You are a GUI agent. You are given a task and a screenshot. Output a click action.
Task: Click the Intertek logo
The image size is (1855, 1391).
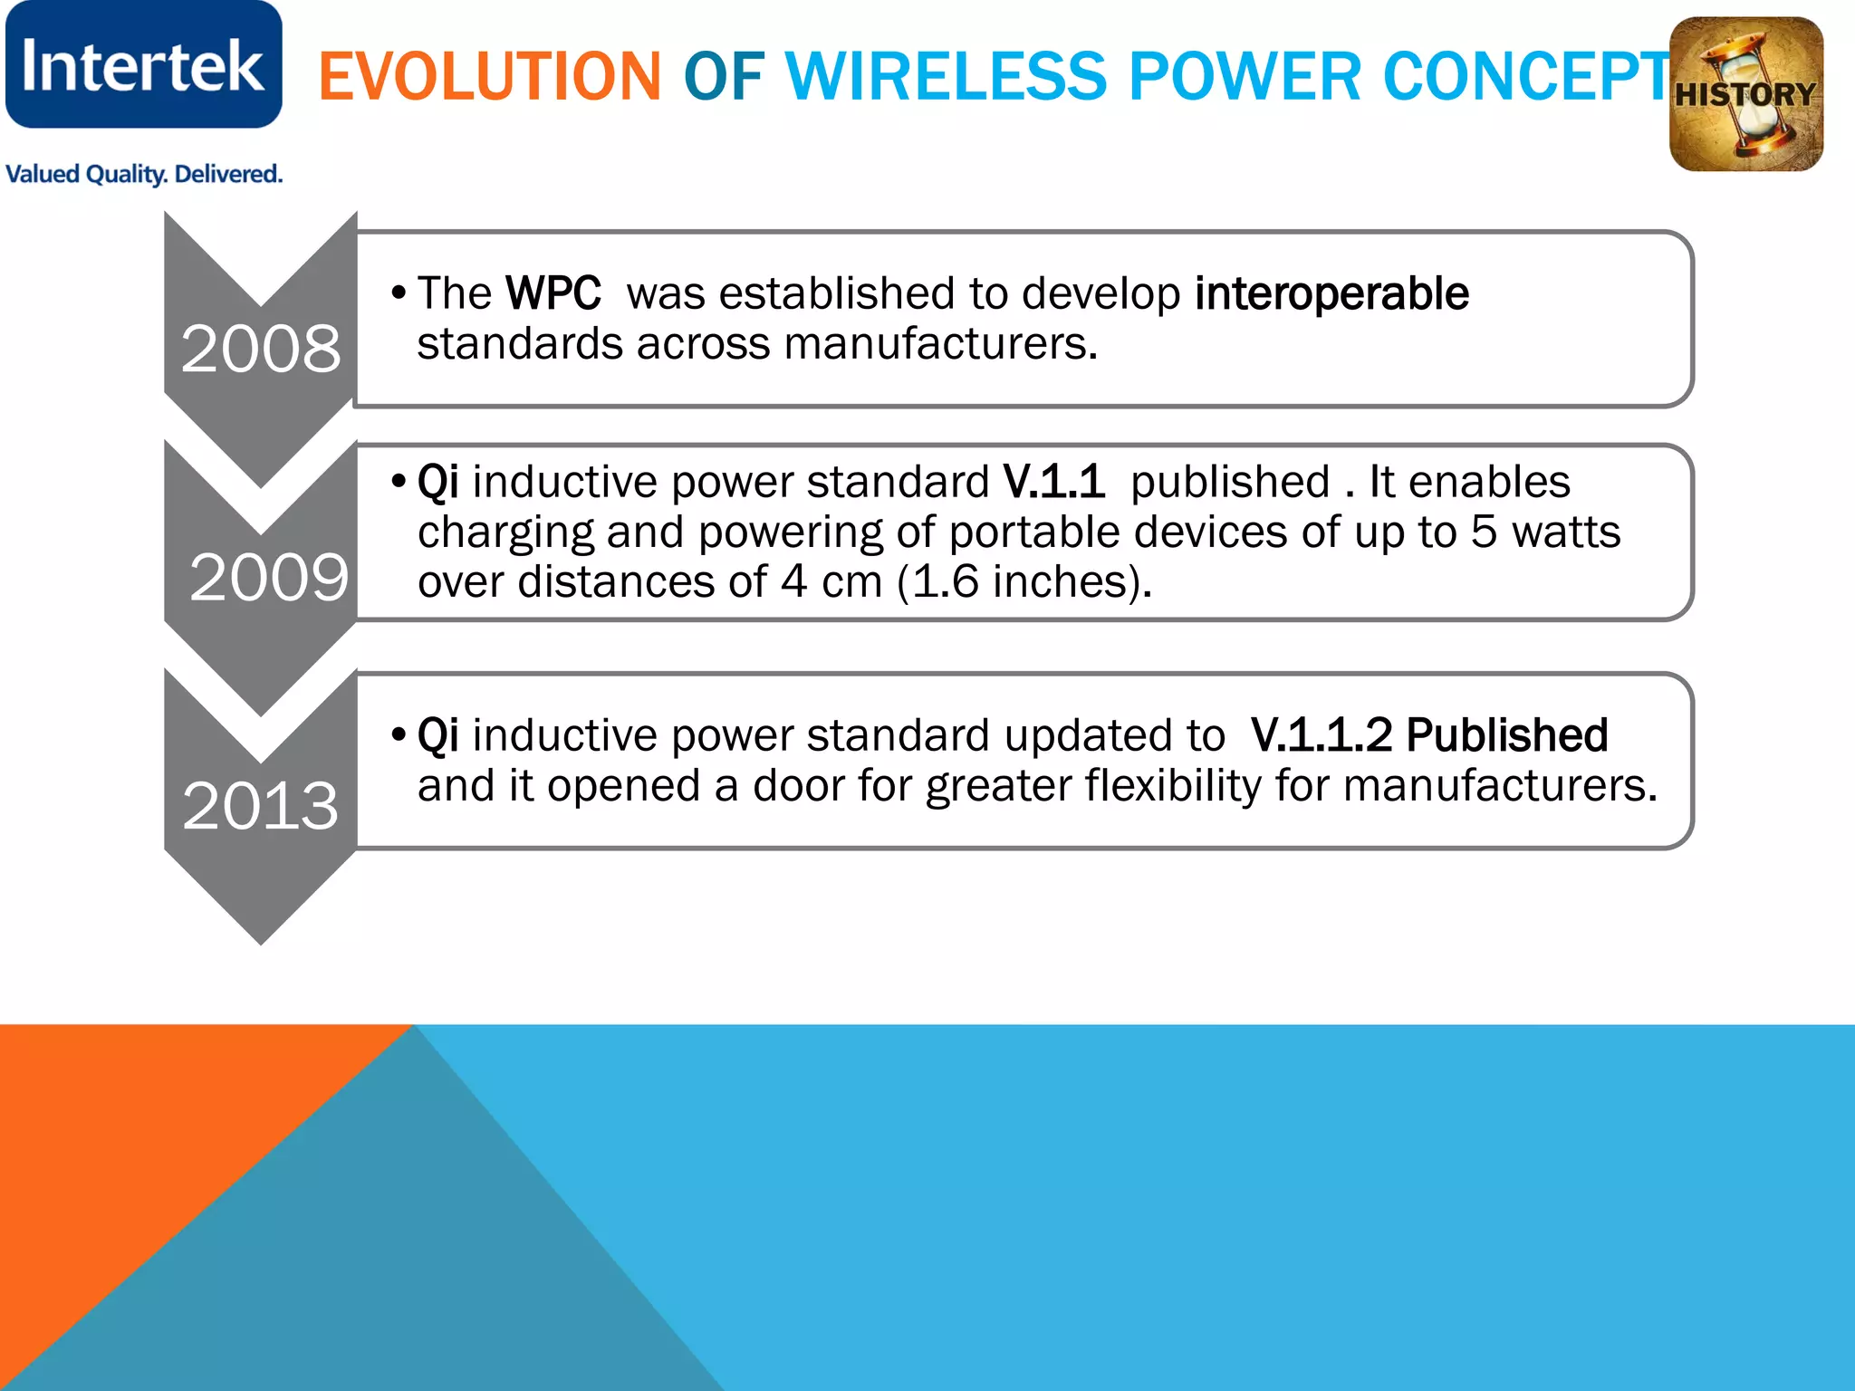click(143, 65)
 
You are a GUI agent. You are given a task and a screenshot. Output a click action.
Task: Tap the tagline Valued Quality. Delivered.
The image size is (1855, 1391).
click(144, 174)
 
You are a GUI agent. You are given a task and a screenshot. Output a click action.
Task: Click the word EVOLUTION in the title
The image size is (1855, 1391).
click(490, 76)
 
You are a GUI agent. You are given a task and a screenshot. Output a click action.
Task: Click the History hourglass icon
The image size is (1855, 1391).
click(1745, 94)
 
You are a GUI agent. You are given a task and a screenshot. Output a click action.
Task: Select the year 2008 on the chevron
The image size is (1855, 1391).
click(261, 349)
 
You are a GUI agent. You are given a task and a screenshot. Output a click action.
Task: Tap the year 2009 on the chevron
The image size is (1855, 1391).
click(268, 578)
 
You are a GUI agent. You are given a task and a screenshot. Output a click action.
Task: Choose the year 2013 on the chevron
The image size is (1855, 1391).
click(261, 805)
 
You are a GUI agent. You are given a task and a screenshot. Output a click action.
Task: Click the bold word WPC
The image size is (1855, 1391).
click(553, 293)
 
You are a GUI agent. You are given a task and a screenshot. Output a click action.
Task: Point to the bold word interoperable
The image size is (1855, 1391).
click(1331, 293)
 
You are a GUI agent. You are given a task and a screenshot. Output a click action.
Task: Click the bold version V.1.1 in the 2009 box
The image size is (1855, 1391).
click(1053, 482)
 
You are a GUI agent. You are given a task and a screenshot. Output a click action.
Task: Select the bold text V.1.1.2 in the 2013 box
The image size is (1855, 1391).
click(1321, 734)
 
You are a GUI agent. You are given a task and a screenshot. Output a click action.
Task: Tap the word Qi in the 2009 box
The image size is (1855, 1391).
click(437, 482)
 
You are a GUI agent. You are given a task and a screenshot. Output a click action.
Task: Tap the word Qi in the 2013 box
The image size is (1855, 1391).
click(437, 734)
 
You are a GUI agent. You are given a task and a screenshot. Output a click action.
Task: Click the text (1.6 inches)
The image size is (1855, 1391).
click(1024, 581)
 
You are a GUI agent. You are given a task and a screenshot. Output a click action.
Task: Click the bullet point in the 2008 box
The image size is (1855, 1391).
click(398, 293)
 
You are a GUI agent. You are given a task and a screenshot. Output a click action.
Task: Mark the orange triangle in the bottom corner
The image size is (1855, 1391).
click(136, 1141)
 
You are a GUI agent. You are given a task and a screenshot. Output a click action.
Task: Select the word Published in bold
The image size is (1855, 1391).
click(1507, 734)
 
